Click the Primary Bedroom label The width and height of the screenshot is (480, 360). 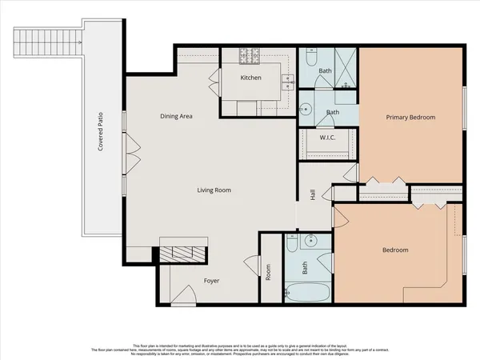tap(410, 118)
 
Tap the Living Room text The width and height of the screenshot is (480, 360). tap(214, 190)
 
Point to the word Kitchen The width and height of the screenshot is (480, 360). tap(253, 78)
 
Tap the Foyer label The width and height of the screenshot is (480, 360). tap(211, 281)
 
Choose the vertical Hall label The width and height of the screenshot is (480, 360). tap(314, 195)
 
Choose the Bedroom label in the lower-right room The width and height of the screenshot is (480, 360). tap(394, 250)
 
